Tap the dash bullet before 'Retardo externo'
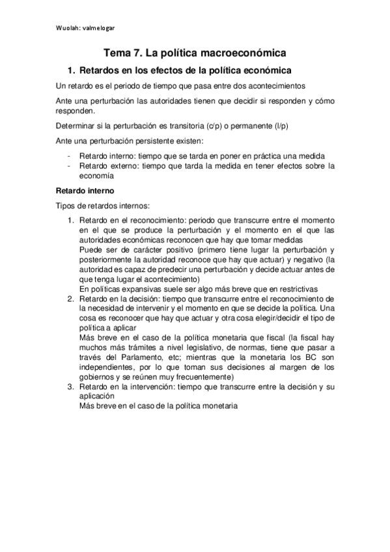click(69, 166)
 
